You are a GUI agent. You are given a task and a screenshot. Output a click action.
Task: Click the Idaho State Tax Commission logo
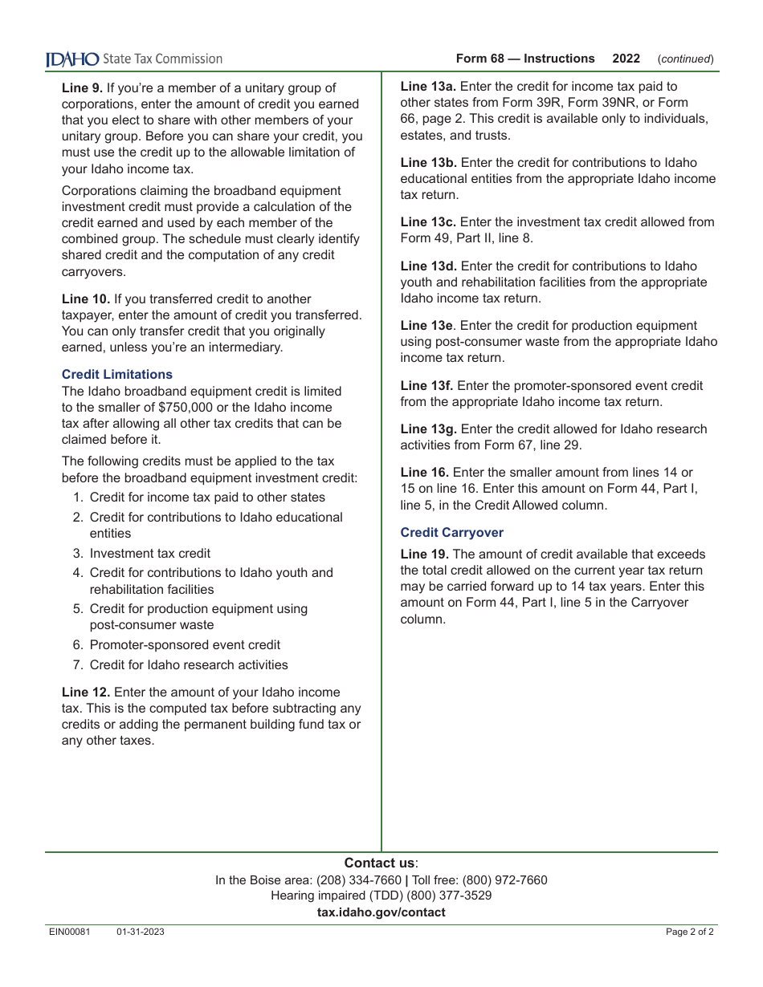click(133, 59)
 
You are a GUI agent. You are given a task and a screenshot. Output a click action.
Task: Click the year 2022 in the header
click(626, 59)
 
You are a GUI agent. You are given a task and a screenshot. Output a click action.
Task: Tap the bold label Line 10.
click(86, 299)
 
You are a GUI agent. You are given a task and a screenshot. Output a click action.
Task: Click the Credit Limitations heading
click(117, 375)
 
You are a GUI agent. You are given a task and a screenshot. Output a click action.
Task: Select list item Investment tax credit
click(150, 554)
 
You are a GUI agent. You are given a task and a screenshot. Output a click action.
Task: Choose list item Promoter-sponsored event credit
click(185, 645)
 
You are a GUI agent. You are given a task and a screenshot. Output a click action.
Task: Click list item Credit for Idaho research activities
click(189, 665)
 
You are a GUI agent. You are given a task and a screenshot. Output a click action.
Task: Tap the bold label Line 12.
click(86, 693)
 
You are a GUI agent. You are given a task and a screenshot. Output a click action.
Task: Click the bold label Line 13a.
click(429, 87)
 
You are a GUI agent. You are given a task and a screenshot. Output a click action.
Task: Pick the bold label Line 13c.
click(429, 222)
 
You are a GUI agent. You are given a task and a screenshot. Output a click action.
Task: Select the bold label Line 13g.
click(429, 429)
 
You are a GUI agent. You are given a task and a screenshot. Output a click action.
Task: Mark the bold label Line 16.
click(425, 473)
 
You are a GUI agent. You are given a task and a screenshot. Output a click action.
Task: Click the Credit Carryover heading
click(452, 533)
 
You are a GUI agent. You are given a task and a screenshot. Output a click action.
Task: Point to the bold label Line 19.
click(425, 554)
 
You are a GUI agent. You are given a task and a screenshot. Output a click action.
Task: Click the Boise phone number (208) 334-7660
click(358, 880)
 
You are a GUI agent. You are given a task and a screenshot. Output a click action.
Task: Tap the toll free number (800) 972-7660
click(504, 880)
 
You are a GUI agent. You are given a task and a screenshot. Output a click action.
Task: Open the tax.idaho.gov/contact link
click(381, 912)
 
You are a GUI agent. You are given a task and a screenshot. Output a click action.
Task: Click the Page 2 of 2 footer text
click(689, 932)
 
